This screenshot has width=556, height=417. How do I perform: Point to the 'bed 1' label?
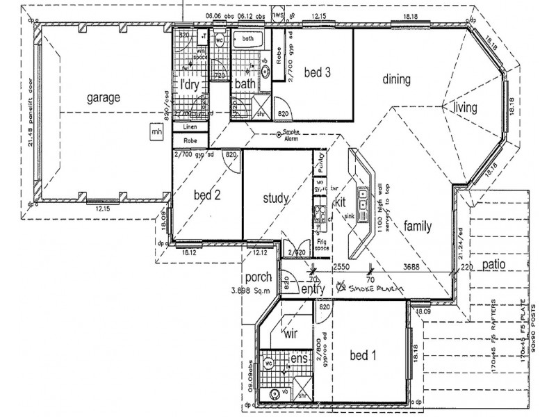click(x=362, y=357)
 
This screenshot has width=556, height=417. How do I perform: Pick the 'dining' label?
click(x=396, y=79)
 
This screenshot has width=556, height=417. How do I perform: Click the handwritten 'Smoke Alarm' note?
click(x=372, y=287)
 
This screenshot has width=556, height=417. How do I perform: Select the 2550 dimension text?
click(x=342, y=266)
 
